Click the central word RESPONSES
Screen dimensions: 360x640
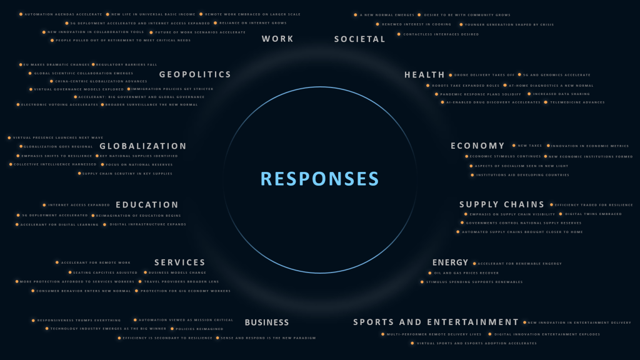point(319,179)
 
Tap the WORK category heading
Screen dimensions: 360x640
point(277,39)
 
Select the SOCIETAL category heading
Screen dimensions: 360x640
point(359,39)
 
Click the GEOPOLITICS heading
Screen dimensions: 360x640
point(195,74)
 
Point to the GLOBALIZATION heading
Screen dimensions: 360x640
point(143,146)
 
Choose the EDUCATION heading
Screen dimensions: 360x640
point(147,205)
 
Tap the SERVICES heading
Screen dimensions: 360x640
point(180,262)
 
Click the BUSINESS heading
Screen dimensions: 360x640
point(267,322)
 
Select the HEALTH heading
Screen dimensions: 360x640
point(424,75)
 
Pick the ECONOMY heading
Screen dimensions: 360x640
point(477,146)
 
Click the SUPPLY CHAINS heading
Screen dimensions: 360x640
point(502,204)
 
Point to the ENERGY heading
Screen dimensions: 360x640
point(450,262)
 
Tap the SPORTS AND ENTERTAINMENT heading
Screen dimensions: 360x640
point(436,322)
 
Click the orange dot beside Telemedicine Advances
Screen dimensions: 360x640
point(546,102)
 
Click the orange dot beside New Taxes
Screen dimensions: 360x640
point(514,146)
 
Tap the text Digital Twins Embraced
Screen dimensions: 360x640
point(593,214)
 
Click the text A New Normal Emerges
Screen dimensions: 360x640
point(386,15)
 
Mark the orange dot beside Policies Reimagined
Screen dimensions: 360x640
point(171,329)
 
